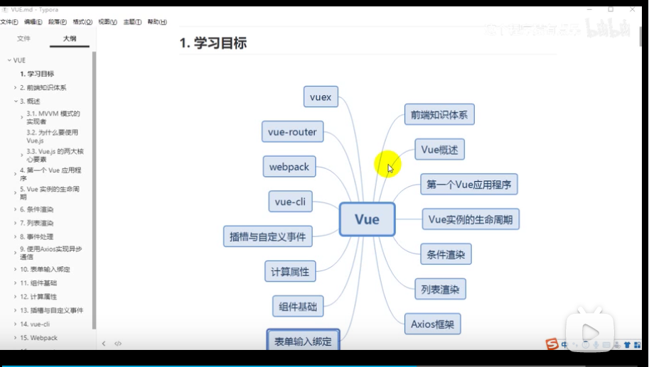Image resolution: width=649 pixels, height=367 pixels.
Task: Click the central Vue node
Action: pos(367,219)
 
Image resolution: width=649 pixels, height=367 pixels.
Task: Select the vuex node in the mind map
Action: pos(321,97)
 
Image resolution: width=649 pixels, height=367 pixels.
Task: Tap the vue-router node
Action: pos(293,132)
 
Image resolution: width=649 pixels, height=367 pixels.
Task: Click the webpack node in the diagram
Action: pos(289,167)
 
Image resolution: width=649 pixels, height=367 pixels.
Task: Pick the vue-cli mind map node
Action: pos(290,202)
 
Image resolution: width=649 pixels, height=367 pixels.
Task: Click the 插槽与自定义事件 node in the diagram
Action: pos(268,236)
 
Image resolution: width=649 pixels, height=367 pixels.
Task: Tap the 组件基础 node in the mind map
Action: pos(298,306)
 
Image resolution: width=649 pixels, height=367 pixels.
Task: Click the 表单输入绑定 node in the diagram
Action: pos(303,341)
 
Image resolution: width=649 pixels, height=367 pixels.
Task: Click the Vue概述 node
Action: pos(439,150)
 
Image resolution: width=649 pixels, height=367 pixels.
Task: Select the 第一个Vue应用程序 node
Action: pos(468,185)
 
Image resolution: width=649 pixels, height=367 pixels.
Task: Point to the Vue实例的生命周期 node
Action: pos(471,219)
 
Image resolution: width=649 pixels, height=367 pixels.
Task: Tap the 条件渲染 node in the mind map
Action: pos(445,254)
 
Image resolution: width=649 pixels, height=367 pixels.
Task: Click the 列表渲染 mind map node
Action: pos(440,289)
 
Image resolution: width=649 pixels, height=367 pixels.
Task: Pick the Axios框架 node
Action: pos(432,324)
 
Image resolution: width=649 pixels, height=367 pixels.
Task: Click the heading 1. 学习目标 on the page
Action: pos(213,43)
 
